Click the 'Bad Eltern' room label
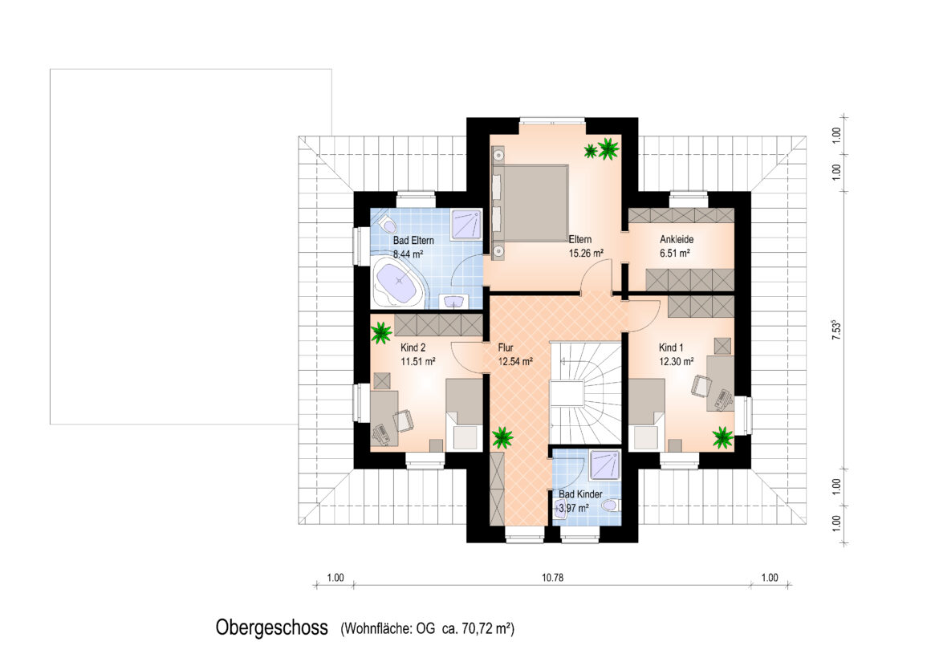[x=413, y=241]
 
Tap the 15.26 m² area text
[x=586, y=253]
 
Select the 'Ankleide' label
[x=677, y=239]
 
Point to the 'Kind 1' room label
[x=671, y=347]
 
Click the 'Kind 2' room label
[x=413, y=347]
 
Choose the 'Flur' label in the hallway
[x=506, y=347]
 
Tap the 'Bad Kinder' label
[x=581, y=494]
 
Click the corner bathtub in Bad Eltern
[x=398, y=284]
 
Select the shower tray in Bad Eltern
[x=465, y=224]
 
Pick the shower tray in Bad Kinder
[x=605, y=465]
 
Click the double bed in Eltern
[x=531, y=203]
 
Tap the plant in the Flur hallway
[x=503, y=438]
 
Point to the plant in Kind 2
[x=381, y=332]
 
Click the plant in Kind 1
[x=722, y=437]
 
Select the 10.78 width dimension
[x=552, y=577]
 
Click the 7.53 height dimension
[x=836, y=330]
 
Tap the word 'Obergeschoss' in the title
[x=271, y=628]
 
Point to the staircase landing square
[x=567, y=394]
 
